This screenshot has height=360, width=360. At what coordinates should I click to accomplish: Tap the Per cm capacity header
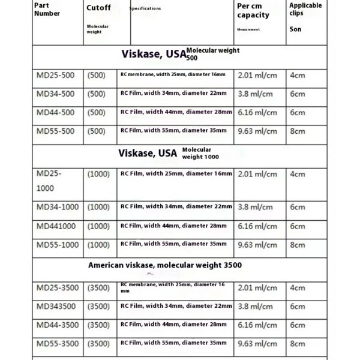click(253, 10)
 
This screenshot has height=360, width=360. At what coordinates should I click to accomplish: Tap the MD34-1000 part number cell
click(57, 206)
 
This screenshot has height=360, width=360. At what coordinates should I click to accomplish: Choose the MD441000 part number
click(56, 226)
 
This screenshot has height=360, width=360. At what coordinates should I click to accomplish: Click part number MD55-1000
click(57, 244)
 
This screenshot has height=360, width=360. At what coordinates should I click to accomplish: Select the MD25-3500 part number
click(57, 288)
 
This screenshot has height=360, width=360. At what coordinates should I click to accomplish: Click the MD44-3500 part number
click(57, 325)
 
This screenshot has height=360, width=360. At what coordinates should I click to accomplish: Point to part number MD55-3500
click(57, 343)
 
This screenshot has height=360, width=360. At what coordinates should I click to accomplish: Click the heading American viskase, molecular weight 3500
click(165, 265)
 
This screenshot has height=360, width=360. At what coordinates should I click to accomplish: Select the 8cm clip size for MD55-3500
click(298, 344)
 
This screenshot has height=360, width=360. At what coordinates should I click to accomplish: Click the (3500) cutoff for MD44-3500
click(98, 325)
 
